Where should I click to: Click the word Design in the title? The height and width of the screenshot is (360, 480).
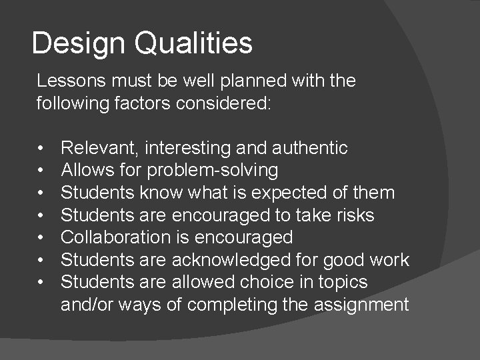(x=78, y=43)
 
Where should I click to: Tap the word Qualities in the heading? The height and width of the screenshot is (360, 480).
(x=193, y=43)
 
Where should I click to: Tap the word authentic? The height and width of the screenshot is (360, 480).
(x=311, y=148)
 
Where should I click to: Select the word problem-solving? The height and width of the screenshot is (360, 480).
(x=213, y=171)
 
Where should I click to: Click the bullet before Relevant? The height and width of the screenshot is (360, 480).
(x=41, y=148)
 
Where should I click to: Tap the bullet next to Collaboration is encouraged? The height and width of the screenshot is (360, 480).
(x=41, y=237)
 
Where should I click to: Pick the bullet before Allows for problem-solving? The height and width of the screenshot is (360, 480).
(x=41, y=171)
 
